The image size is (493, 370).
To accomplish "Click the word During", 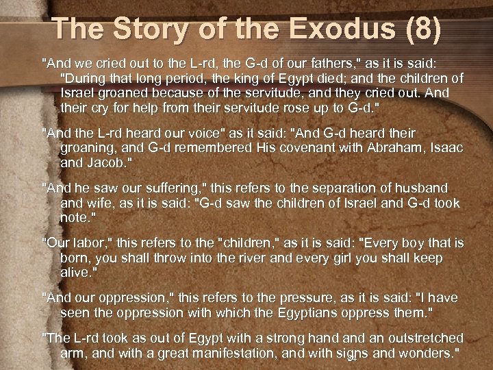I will point(86,78).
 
